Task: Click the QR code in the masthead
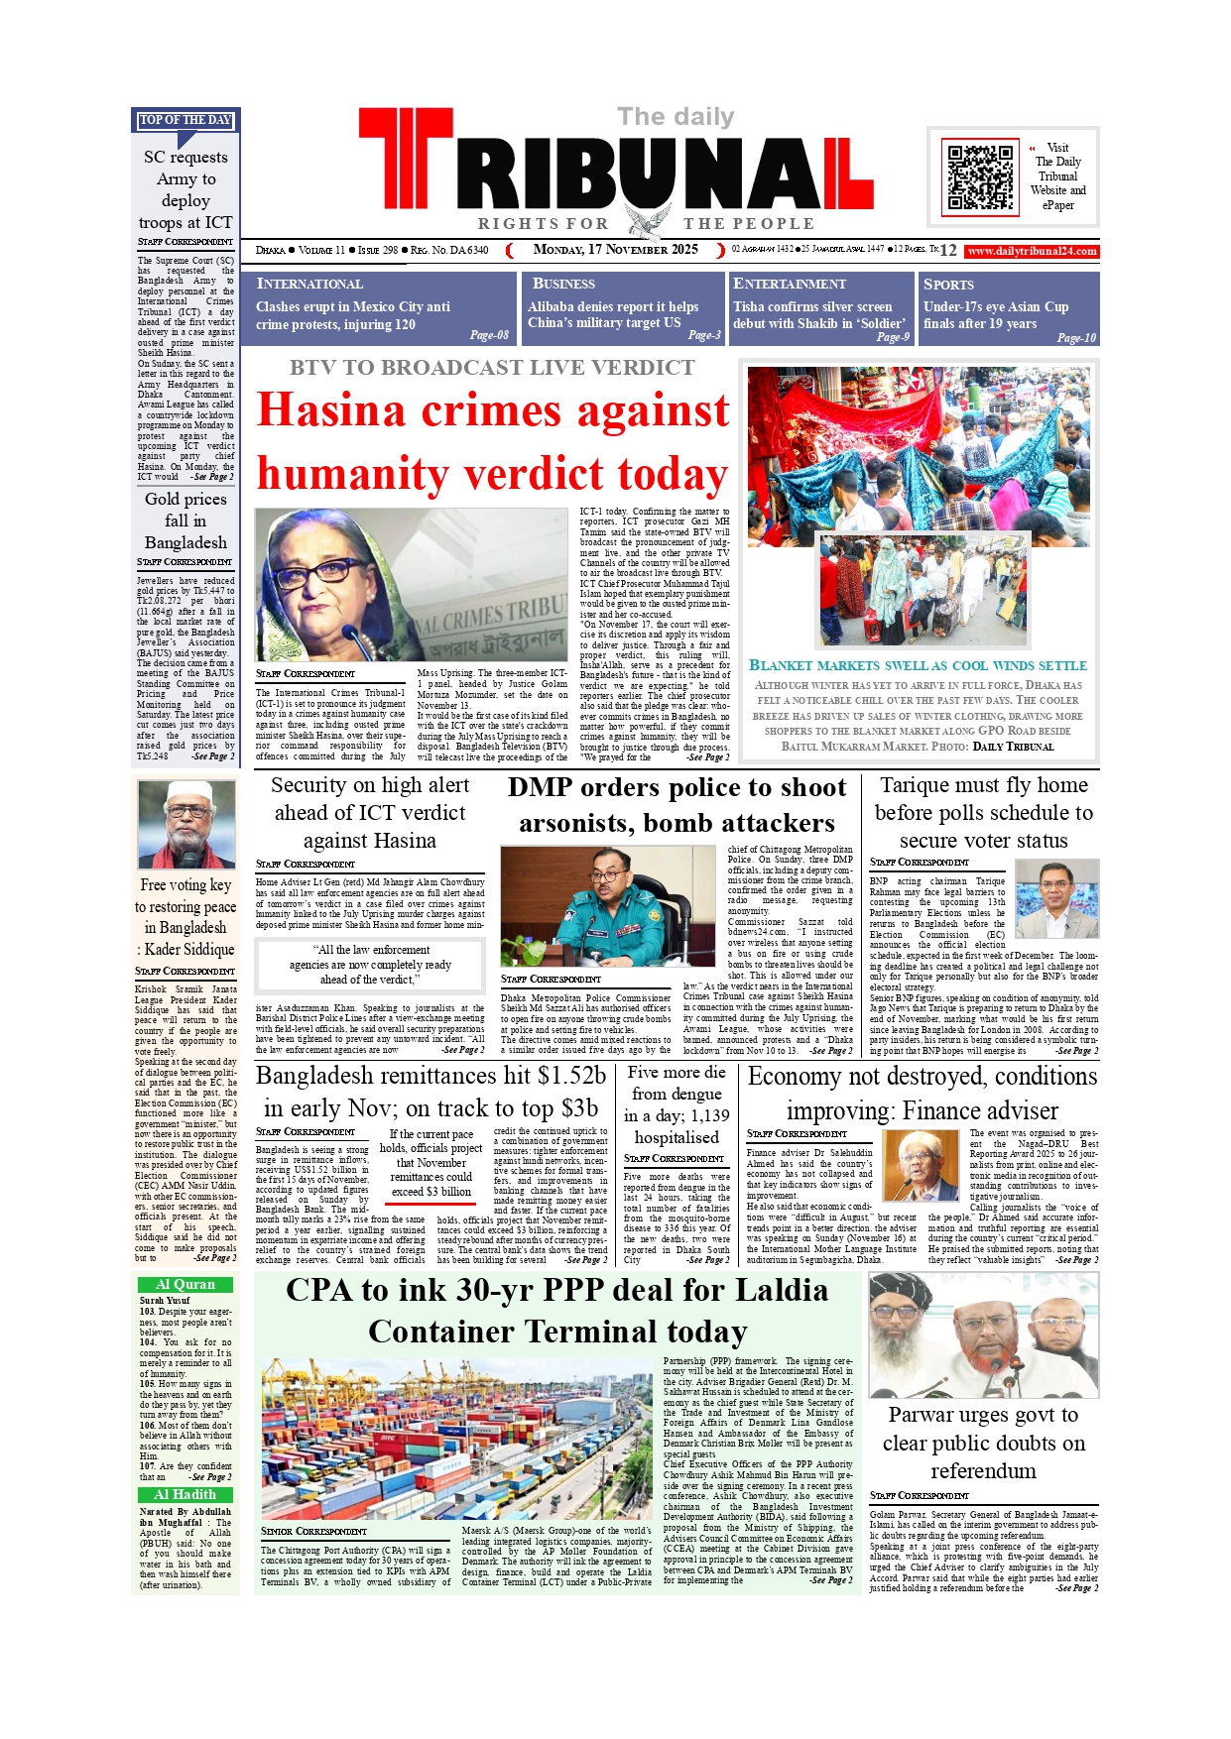pyautogui.click(x=981, y=177)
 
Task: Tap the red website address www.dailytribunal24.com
pyautogui.click(x=1032, y=251)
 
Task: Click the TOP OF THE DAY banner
pyautogui.click(x=185, y=120)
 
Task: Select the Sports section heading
pyautogui.click(x=948, y=285)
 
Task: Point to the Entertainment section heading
pyautogui.click(x=789, y=284)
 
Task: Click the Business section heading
pyautogui.click(x=563, y=284)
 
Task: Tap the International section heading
pyautogui.click(x=309, y=284)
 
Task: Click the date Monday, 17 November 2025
pyautogui.click(x=615, y=250)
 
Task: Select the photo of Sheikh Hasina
pyautogui.click(x=411, y=584)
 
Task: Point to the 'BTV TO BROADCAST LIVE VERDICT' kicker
pyautogui.click(x=492, y=368)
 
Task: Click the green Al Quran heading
pyautogui.click(x=185, y=1284)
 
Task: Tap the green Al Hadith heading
pyautogui.click(x=185, y=1494)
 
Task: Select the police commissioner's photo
pyautogui.click(x=607, y=905)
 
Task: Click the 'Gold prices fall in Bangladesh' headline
pyautogui.click(x=185, y=521)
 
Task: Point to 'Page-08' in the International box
pyautogui.click(x=489, y=335)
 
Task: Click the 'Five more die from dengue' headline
pyautogui.click(x=677, y=1104)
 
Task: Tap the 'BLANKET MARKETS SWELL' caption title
pyautogui.click(x=918, y=665)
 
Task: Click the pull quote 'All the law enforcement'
pyautogui.click(x=370, y=964)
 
